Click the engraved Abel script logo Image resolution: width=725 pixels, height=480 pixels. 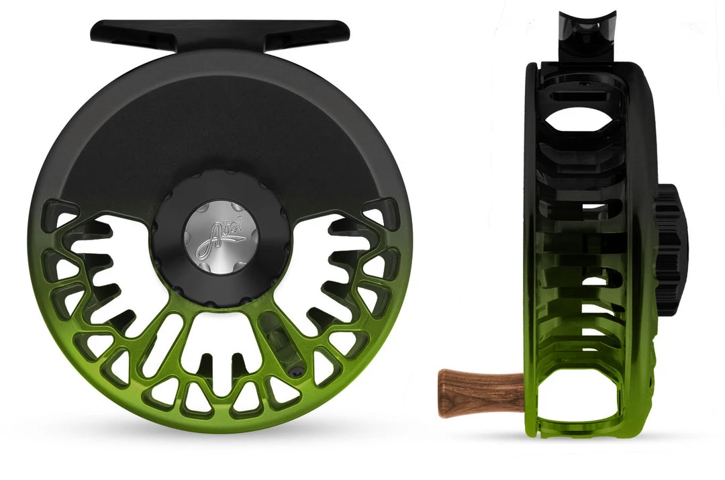220,240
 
